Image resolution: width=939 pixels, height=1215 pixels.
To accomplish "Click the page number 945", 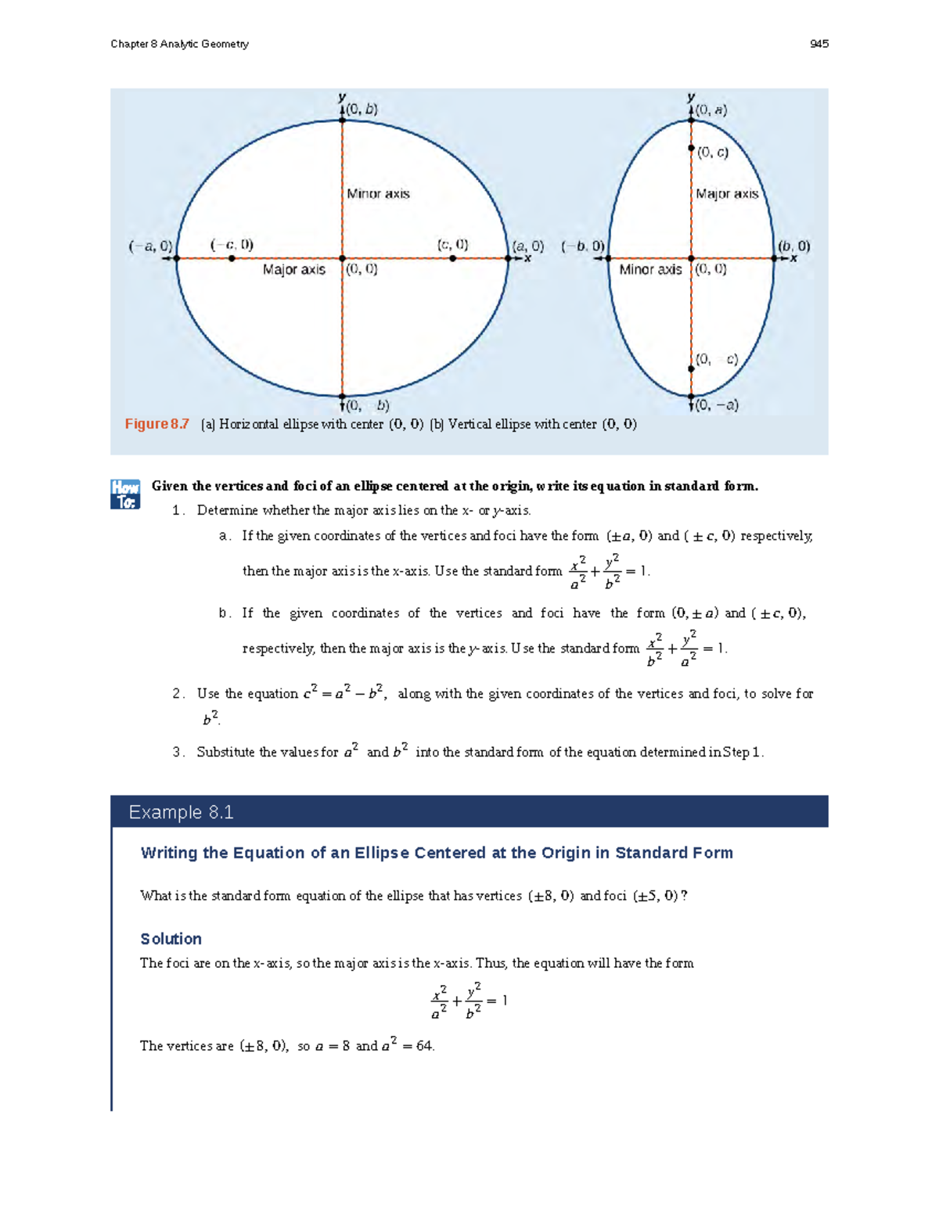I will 818,44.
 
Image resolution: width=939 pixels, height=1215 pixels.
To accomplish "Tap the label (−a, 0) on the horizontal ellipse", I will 150,246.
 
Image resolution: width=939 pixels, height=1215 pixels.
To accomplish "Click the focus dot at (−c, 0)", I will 232,258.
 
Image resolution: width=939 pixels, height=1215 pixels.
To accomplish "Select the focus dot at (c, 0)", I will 453,258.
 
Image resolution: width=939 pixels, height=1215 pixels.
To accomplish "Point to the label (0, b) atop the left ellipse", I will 362,110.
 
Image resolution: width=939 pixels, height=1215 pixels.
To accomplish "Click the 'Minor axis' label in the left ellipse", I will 378,193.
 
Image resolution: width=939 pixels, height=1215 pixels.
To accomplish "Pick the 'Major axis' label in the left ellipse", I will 293,269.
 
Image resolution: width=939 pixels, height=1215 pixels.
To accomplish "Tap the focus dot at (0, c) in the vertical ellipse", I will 691,148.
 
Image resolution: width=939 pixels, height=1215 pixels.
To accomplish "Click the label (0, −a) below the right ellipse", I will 717,405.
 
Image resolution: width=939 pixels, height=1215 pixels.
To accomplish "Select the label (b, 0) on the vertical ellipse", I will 793,246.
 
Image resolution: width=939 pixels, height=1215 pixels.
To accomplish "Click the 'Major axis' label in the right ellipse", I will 727,193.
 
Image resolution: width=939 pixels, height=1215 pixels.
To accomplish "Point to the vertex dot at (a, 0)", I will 508,258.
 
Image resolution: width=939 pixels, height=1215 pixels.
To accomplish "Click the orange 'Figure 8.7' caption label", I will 156,424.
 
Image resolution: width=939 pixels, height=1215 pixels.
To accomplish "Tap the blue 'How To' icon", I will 125,494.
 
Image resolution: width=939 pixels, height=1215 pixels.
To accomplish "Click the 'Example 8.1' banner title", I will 181,812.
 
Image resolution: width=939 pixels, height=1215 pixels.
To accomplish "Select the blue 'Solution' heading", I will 171,939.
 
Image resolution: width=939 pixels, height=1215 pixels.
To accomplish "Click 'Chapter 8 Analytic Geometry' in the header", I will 179,44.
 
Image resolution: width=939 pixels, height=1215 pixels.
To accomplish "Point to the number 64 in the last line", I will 424,1045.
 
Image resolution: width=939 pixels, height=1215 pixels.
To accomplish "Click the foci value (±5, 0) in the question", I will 655,896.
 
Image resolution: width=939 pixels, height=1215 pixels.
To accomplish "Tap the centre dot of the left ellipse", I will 342,258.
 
